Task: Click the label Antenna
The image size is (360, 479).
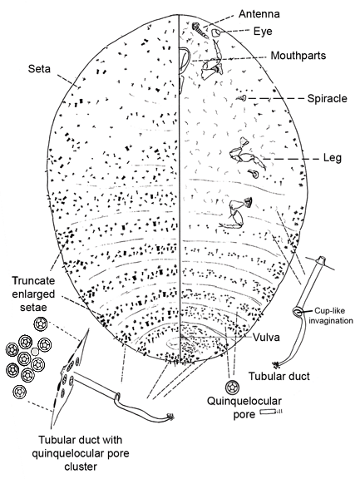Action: coord(259,14)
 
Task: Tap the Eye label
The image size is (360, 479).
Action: coord(263,31)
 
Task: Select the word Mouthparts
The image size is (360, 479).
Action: coord(298,56)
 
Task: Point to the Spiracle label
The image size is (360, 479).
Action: coord(328,98)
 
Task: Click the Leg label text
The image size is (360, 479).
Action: coord(333,158)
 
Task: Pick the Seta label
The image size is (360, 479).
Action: coord(39,69)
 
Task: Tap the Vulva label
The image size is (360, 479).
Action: coord(266,338)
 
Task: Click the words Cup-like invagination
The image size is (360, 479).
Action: coord(333,315)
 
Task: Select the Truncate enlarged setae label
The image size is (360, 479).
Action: coord(33,294)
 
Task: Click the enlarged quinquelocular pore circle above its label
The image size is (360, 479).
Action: coord(232,388)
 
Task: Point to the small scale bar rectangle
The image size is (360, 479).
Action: coord(268,412)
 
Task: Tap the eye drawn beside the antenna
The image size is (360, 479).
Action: coord(215,32)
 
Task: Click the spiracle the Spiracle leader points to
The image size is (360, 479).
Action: coord(243,98)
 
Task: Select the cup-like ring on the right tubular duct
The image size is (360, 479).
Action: coord(298,312)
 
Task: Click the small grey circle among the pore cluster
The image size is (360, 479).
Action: coord(36,352)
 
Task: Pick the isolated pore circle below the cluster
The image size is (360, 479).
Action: coord(20,392)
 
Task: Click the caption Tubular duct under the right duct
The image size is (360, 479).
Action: coord(279,376)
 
